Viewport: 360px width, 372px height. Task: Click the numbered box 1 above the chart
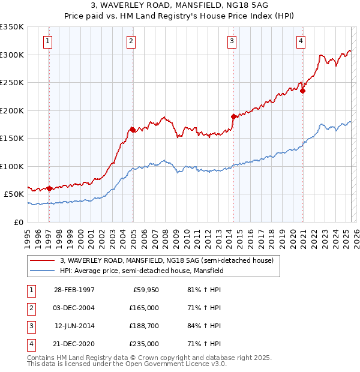coord(47,41)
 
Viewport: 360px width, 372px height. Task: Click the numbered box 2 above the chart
coord(131,41)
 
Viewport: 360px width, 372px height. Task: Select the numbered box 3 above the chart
coord(232,41)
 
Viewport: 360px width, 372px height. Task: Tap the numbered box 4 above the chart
coord(300,41)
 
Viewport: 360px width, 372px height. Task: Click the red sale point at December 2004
coord(133,130)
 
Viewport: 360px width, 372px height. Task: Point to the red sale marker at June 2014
coord(233,116)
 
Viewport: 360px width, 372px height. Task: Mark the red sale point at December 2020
coord(302,91)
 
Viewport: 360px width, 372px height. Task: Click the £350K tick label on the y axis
coord(12,27)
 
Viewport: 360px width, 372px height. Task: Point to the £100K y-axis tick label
coord(12,166)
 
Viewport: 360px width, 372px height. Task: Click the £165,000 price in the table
coord(145,308)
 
